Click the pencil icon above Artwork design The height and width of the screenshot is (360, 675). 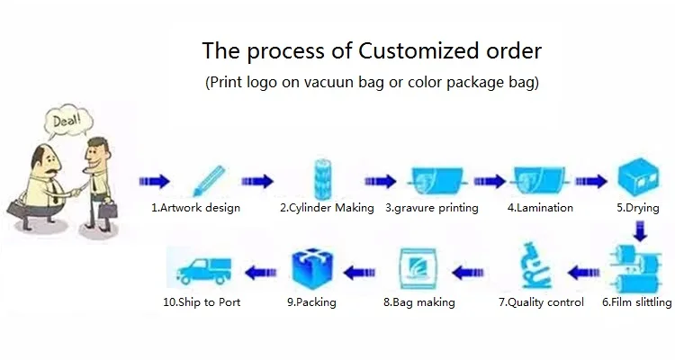[210, 181]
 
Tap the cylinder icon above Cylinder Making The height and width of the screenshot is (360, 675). [323, 180]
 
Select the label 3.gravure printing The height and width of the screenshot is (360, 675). [432, 208]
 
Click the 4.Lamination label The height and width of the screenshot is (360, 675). [540, 208]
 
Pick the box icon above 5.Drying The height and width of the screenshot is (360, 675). [638, 177]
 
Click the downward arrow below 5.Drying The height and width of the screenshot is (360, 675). [641, 231]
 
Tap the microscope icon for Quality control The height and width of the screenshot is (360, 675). [535, 266]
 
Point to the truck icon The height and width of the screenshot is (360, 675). [203, 270]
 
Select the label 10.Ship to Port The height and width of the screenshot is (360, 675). [202, 302]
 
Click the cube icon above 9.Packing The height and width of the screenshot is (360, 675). [312, 269]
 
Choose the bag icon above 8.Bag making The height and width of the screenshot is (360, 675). [418, 269]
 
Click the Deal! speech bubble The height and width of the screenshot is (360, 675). [69, 121]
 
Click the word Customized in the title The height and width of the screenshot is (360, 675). [418, 50]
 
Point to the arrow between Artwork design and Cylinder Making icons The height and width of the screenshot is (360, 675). [257, 181]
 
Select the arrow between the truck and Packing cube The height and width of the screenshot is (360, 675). [261, 273]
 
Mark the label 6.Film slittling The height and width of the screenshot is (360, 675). [636, 302]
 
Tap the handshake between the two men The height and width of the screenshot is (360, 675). [76, 190]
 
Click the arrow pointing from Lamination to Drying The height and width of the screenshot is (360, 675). [591, 181]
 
